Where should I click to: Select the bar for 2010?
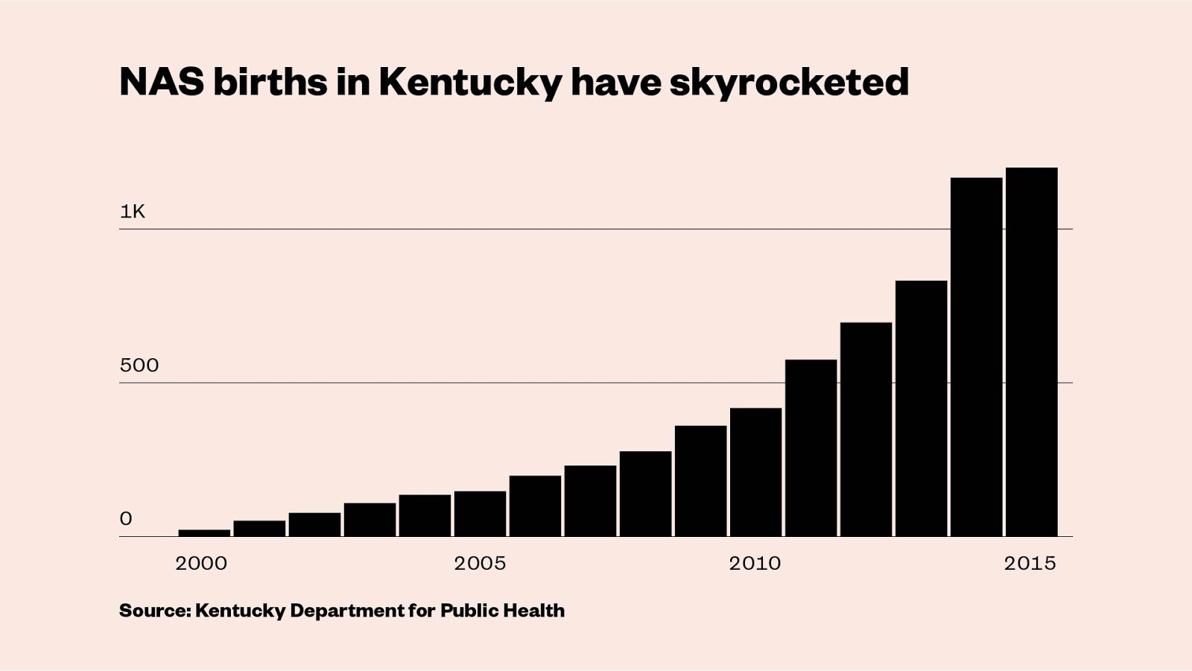point(755,472)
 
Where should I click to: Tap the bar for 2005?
point(480,514)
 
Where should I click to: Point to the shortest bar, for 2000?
point(204,532)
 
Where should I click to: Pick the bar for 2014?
point(976,357)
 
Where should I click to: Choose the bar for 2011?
point(811,448)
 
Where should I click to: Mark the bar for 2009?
point(700,481)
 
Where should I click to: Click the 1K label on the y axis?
point(133,212)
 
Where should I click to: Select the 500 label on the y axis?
point(139,365)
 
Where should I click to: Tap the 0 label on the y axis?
point(126,518)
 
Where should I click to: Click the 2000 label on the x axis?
point(201,563)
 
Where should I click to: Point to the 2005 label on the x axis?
point(480,563)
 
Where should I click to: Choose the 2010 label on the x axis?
point(755,563)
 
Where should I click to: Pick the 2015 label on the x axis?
point(1030,563)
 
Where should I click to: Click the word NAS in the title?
point(162,81)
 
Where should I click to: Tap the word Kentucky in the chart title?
point(470,83)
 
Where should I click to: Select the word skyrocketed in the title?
point(789,83)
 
